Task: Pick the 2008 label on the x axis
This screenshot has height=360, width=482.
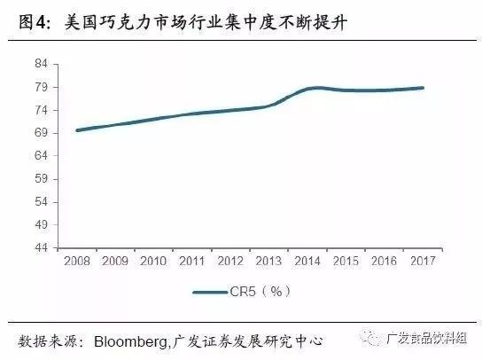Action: click(77, 262)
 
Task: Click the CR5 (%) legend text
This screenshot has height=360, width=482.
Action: click(263, 290)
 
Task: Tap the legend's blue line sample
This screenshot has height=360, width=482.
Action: click(213, 290)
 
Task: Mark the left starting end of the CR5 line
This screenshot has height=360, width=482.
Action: click(77, 130)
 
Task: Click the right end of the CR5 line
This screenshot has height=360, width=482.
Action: click(424, 88)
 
